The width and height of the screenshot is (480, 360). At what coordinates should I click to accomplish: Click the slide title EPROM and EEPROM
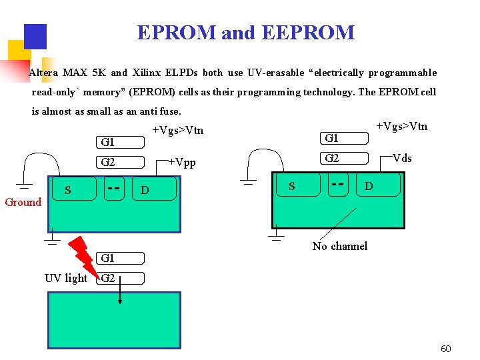[245, 33]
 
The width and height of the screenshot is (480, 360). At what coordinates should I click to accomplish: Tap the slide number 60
[446, 349]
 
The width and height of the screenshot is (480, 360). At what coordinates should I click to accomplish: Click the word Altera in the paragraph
[43, 73]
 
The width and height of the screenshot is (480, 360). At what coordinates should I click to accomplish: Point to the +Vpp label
[181, 162]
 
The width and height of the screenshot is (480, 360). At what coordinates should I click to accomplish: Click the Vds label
[402, 158]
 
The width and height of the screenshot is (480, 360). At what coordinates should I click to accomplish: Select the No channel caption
[339, 246]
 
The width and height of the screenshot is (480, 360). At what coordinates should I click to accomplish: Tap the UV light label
[65, 278]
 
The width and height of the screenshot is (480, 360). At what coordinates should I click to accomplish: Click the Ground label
[23, 202]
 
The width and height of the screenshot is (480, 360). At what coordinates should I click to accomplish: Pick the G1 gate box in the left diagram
[120, 142]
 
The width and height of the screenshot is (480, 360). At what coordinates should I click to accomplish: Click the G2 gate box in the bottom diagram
[120, 278]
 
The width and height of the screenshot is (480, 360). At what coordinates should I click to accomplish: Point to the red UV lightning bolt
[85, 253]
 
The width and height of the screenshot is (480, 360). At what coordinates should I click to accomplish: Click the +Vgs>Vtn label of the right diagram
[402, 126]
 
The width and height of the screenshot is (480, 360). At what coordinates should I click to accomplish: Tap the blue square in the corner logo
[35, 36]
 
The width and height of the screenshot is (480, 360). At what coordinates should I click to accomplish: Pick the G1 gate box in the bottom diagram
[120, 258]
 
